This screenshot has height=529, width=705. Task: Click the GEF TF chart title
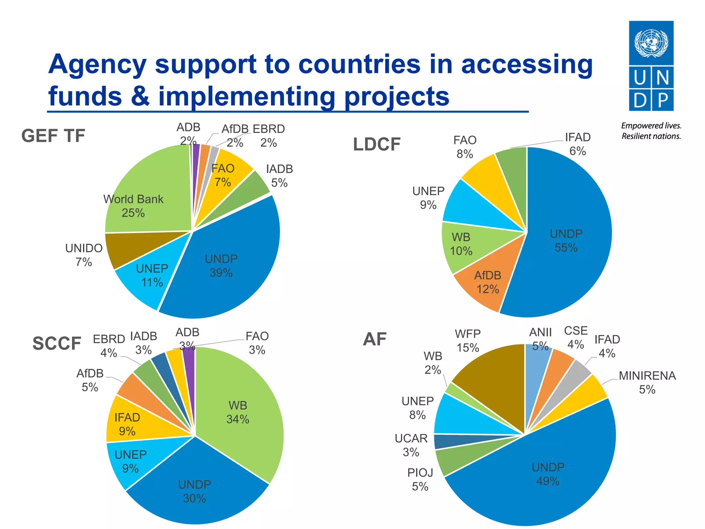click(x=53, y=136)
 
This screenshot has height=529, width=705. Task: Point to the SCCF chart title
click(x=57, y=343)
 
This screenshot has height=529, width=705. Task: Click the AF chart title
click(x=375, y=339)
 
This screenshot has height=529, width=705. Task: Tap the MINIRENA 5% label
click(x=647, y=382)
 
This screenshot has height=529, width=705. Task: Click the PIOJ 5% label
click(x=420, y=479)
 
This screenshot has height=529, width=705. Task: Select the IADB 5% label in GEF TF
click(x=279, y=176)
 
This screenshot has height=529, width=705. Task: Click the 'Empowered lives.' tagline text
click(x=651, y=126)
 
